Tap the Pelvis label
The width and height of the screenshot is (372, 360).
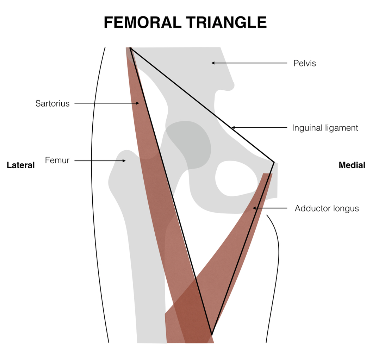point(304,63)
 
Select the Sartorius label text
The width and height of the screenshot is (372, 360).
point(52,103)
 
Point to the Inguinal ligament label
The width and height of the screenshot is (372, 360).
point(325,128)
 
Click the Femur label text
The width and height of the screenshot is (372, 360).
point(57,160)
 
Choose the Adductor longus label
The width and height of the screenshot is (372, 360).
point(327,209)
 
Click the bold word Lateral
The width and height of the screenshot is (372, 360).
point(21,165)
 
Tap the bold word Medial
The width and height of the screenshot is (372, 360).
point(352,165)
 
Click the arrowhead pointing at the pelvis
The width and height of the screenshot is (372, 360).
point(213,63)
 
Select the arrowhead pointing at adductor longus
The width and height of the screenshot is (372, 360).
point(255,208)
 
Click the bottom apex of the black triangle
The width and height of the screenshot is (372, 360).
point(211,334)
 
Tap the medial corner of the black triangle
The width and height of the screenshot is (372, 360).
point(274,162)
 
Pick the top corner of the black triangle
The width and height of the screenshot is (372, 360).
point(130,48)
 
